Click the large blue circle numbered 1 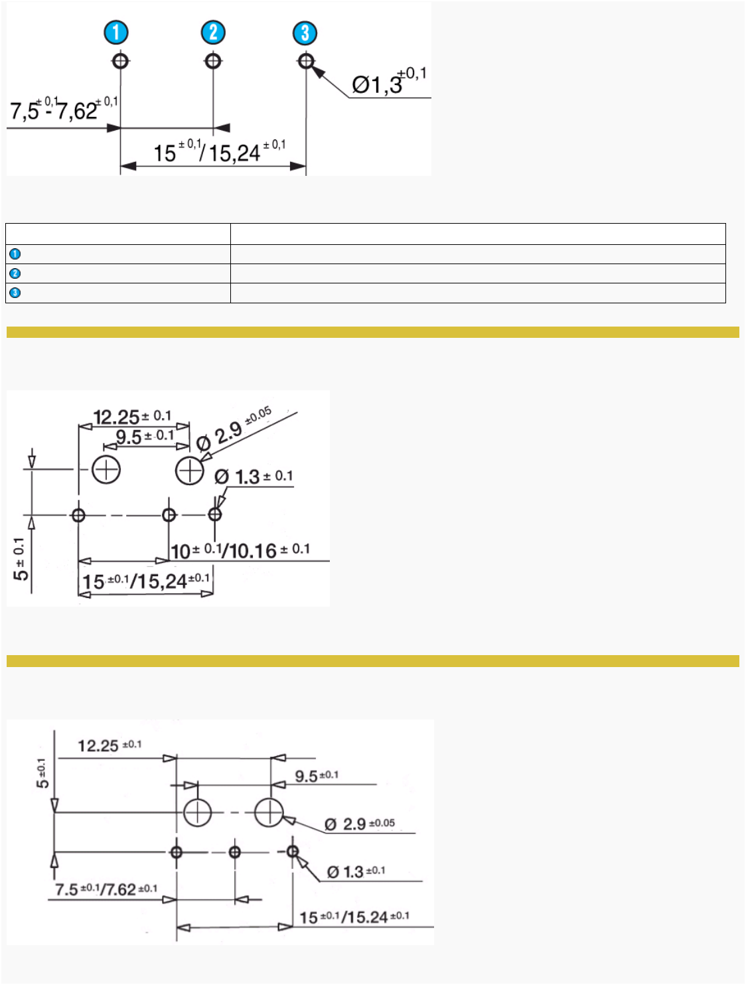click(x=116, y=33)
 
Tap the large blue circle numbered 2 click(x=213, y=33)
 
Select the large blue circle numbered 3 click(x=305, y=33)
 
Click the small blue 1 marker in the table click(x=15, y=254)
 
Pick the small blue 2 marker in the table click(x=15, y=273)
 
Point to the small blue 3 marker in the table click(x=15, y=293)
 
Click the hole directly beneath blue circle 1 click(x=120, y=61)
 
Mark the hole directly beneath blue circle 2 click(x=212, y=61)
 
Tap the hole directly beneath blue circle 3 click(x=305, y=61)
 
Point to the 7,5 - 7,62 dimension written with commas click(x=64, y=110)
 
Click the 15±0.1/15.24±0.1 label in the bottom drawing click(x=354, y=917)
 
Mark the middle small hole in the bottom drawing click(x=235, y=852)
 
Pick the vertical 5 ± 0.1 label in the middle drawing click(x=21, y=559)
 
